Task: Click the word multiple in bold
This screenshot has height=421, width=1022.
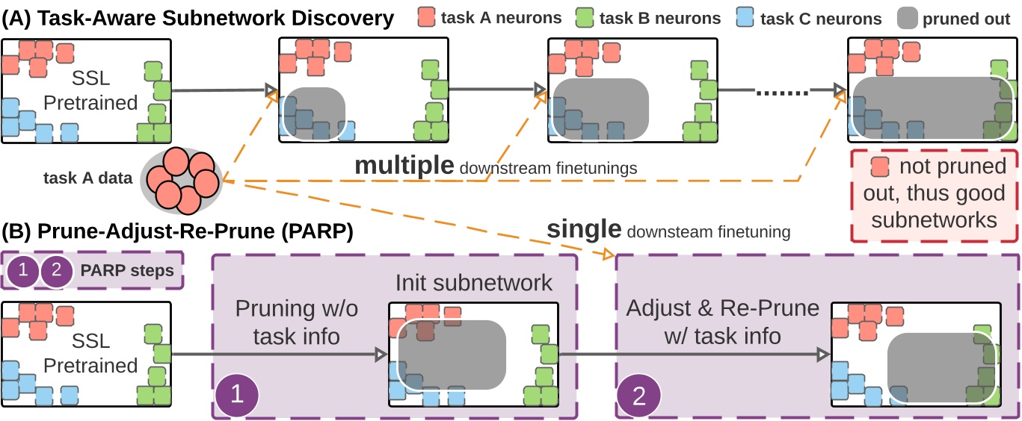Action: click(404, 166)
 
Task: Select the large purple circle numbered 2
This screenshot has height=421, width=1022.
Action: click(639, 393)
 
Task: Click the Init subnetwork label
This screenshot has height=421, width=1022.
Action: click(473, 283)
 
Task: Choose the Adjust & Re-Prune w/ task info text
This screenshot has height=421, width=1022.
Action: click(722, 322)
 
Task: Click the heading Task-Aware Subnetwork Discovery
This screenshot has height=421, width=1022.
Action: click(198, 18)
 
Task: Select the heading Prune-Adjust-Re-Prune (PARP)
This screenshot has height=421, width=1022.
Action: click(177, 231)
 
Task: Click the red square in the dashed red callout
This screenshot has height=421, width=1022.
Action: click(881, 166)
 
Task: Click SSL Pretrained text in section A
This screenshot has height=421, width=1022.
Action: click(90, 90)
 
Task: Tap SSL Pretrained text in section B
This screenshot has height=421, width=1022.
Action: click(90, 352)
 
